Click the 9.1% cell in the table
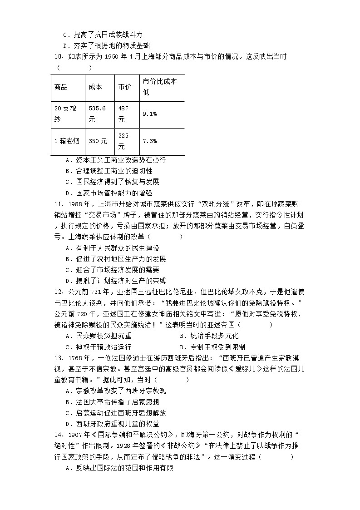point(150,114)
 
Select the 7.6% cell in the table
point(150,141)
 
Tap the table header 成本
point(95,87)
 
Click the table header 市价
point(125,87)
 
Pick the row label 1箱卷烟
point(67,141)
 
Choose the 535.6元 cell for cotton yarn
point(97,114)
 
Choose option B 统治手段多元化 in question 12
point(209,336)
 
